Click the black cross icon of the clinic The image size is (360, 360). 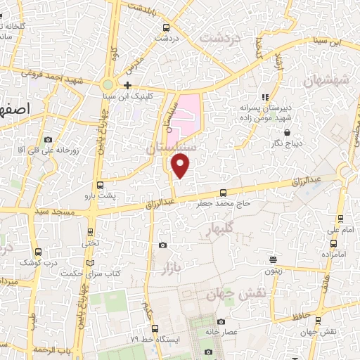coord(127,85)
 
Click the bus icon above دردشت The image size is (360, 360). coord(165,28)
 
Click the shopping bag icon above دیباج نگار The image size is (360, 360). coord(286,131)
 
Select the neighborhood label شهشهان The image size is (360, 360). coord(326,82)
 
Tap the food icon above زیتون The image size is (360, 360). coord(272,259)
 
